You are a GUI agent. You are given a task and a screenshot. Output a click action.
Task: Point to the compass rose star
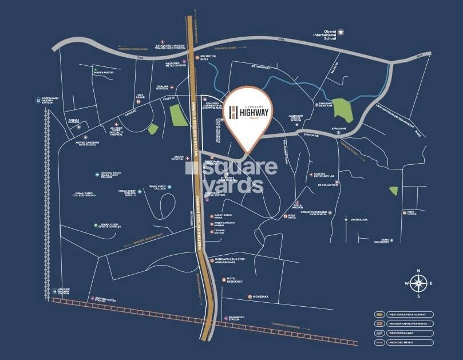click(420, 282)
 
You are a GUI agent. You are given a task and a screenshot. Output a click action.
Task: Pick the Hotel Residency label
click(235, 280)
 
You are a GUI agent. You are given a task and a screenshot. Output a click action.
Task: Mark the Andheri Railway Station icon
click(54, 290)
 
